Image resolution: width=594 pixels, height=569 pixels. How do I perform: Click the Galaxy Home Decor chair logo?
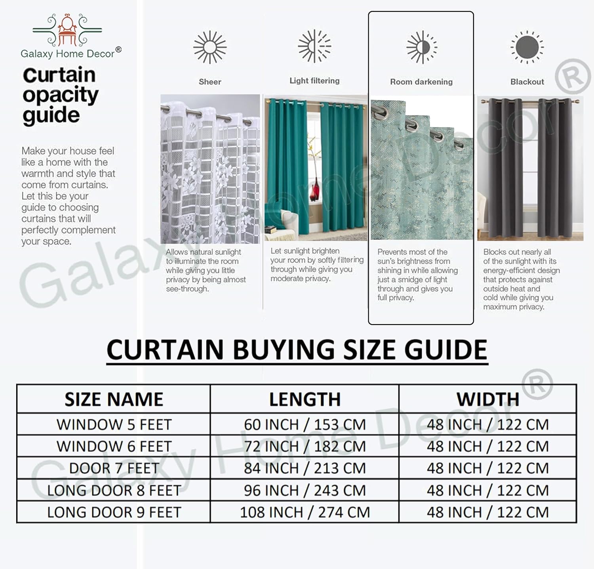(x=67, y=30)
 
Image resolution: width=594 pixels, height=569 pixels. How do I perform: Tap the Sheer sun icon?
(x=210, y=47)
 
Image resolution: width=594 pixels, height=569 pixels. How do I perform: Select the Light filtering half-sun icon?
(x=314, y=46)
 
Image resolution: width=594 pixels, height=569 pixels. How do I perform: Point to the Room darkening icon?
(x=421, y=47)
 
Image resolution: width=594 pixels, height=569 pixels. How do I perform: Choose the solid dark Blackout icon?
(x=527, y=47)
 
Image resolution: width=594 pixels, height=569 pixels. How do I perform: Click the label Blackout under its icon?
(x=527, y=82)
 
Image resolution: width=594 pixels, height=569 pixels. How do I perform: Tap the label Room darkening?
(x=421, y=82)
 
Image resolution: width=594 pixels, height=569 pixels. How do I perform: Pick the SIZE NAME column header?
(x=114, y=399)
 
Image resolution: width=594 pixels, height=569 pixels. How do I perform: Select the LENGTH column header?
(x=305, y=399)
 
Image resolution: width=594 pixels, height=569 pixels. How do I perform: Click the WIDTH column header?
(x=488, y=399)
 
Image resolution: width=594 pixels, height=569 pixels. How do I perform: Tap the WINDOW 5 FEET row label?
(x=114, y=425)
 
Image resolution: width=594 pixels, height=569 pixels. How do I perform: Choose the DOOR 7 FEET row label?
(x=114, y=468)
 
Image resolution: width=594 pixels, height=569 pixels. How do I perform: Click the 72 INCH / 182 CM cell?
(x=305, y=447)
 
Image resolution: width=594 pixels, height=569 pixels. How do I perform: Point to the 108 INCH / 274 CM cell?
(x=305, y=512)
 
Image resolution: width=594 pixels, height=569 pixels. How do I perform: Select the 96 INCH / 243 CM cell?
(x=305, y=491)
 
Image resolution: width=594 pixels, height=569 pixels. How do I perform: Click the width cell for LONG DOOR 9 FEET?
(x=488, y=512)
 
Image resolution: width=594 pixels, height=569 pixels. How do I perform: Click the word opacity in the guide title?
(x=60, y=95)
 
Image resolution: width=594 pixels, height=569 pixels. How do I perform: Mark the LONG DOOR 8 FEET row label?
(x=114, y=491)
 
